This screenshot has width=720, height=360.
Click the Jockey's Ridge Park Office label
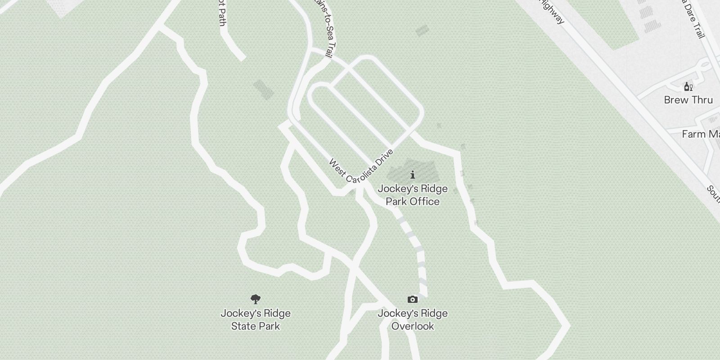(413, 195)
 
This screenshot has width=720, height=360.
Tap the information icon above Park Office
(413, 175)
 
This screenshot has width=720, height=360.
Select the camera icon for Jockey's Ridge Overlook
(412, 299)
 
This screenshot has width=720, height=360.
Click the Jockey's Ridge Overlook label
(413, 319)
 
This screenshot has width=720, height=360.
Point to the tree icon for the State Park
(256, 299)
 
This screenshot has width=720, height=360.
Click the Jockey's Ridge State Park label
(256, 319)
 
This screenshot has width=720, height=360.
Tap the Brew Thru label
(688, 100)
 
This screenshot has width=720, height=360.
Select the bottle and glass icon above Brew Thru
(688, 86)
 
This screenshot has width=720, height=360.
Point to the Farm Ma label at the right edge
(700, 134)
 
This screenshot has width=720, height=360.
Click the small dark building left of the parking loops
(263, 90)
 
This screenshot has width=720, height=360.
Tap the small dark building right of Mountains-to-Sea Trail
(422, 31)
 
